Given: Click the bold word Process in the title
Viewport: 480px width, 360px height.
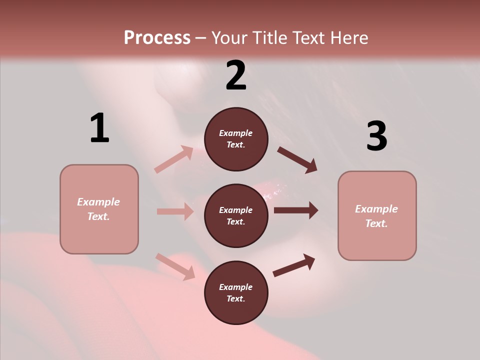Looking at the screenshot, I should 157,37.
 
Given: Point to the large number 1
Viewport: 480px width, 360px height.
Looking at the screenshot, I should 99,128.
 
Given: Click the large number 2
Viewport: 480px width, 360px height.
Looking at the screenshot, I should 236,75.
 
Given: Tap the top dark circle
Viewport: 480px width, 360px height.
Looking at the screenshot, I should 236,139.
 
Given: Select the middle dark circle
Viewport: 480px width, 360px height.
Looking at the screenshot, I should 236,216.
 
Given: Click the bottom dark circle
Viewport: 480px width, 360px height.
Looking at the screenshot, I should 236,293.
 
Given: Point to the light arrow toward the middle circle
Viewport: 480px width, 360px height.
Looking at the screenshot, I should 175,211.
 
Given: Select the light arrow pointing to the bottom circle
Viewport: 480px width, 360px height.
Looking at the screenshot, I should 175,266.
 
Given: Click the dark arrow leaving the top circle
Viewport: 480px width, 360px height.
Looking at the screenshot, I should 297,159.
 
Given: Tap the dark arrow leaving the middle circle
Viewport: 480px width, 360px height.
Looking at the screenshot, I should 296,210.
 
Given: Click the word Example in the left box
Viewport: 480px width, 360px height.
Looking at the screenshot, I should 98,202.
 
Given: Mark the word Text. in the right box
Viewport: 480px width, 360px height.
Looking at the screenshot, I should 376,223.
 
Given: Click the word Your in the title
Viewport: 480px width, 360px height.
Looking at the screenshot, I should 231,37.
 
